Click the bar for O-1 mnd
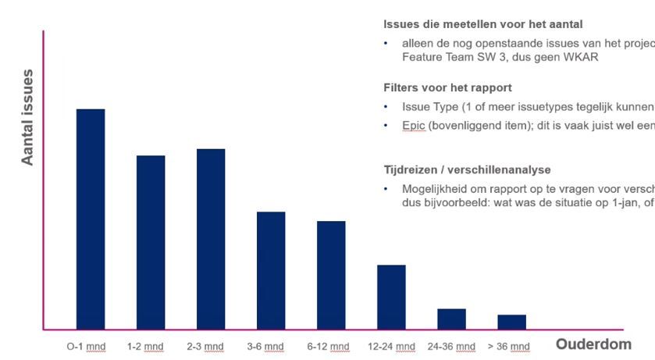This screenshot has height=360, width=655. pos(91,219)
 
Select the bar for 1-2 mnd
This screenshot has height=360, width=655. pos(151,242)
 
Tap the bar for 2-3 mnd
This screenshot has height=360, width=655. pos(211,239)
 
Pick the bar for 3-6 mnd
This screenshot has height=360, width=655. pos(271,270)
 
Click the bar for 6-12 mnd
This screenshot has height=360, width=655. pos(331,275)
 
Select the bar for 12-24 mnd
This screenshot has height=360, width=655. pos(391,297)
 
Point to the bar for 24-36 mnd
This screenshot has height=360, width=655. pos(451,319)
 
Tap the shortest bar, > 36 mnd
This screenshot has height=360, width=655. pos(511,322)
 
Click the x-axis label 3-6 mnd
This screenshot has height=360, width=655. pos(265,346)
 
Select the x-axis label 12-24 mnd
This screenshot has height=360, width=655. pos(391,346)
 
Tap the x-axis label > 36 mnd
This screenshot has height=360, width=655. pos(508,346)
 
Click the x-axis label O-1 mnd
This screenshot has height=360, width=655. pos(86,346)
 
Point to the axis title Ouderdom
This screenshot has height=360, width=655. pos(593,344)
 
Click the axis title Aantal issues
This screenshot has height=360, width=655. pos(28,117)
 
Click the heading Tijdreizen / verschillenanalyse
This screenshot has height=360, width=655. pos(467,169)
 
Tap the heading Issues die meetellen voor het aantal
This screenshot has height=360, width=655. pos(483,24)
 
